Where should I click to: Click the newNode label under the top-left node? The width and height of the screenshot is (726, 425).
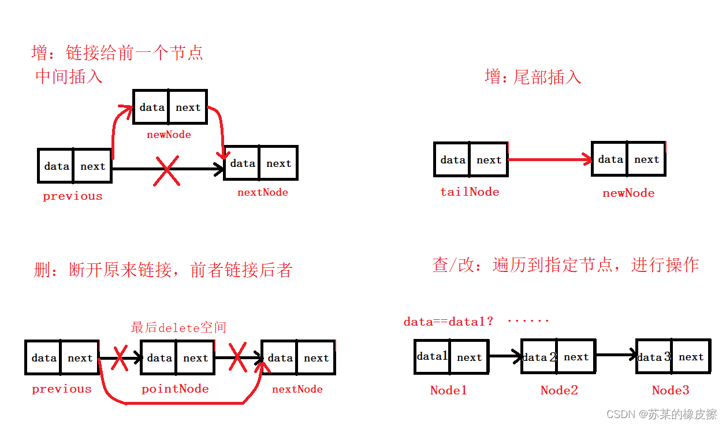(x=169, y=135)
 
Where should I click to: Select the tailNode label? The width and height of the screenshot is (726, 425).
(x=470, y=192)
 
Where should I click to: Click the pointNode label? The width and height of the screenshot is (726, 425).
(x=175, y=389)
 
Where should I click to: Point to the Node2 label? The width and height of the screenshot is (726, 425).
(x=559, y=390)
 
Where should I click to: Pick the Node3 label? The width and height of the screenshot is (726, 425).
(x=671, y=390)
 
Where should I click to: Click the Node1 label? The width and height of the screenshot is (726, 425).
(x=448, y=390)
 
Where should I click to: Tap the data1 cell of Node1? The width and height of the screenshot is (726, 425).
(x=432, y=357)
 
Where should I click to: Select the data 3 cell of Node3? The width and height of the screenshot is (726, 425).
(x=654, y=357)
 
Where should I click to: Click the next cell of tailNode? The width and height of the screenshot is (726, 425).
(x=489, y=160)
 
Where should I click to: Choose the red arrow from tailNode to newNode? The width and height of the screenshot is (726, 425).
(x=550, y=160)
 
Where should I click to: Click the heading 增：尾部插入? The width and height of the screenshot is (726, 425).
(x=533, y=77)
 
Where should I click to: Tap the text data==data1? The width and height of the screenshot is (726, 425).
(x=448, y=321)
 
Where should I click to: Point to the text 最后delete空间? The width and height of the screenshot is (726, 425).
(x=178, y=327)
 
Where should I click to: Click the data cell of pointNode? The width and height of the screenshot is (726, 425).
(x=159, y=358)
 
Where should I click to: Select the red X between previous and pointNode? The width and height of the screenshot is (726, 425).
(x=119, y=359)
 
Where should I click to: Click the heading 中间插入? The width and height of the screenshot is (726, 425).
(x=69, y=76)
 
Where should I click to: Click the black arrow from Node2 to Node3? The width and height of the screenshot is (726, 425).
(x=616, y=355)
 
